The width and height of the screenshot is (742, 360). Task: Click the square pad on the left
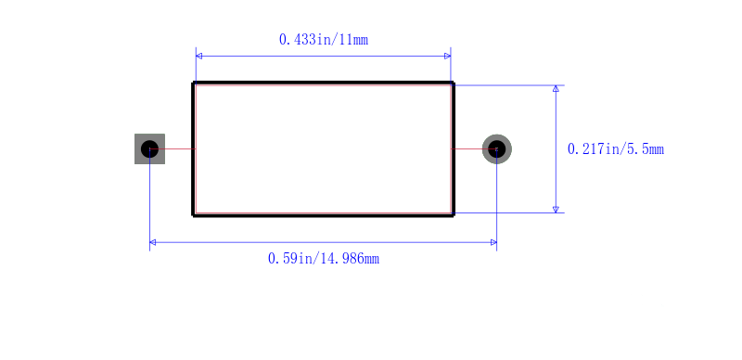(149, 148)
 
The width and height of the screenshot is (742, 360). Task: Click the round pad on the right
(497, 148)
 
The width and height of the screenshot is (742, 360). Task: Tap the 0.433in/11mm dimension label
(323, 40)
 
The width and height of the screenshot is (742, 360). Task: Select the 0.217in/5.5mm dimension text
(616, 149)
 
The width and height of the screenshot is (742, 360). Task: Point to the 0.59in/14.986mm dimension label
(323, 259)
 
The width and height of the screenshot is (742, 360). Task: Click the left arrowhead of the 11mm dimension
(198, 56)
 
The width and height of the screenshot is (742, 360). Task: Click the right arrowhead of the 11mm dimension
(448, 56)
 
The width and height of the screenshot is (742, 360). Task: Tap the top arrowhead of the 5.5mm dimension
(556, 88)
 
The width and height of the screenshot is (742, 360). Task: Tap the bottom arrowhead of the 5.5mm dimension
(556, 210)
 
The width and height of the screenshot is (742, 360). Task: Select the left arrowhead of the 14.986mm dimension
(153, 242)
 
